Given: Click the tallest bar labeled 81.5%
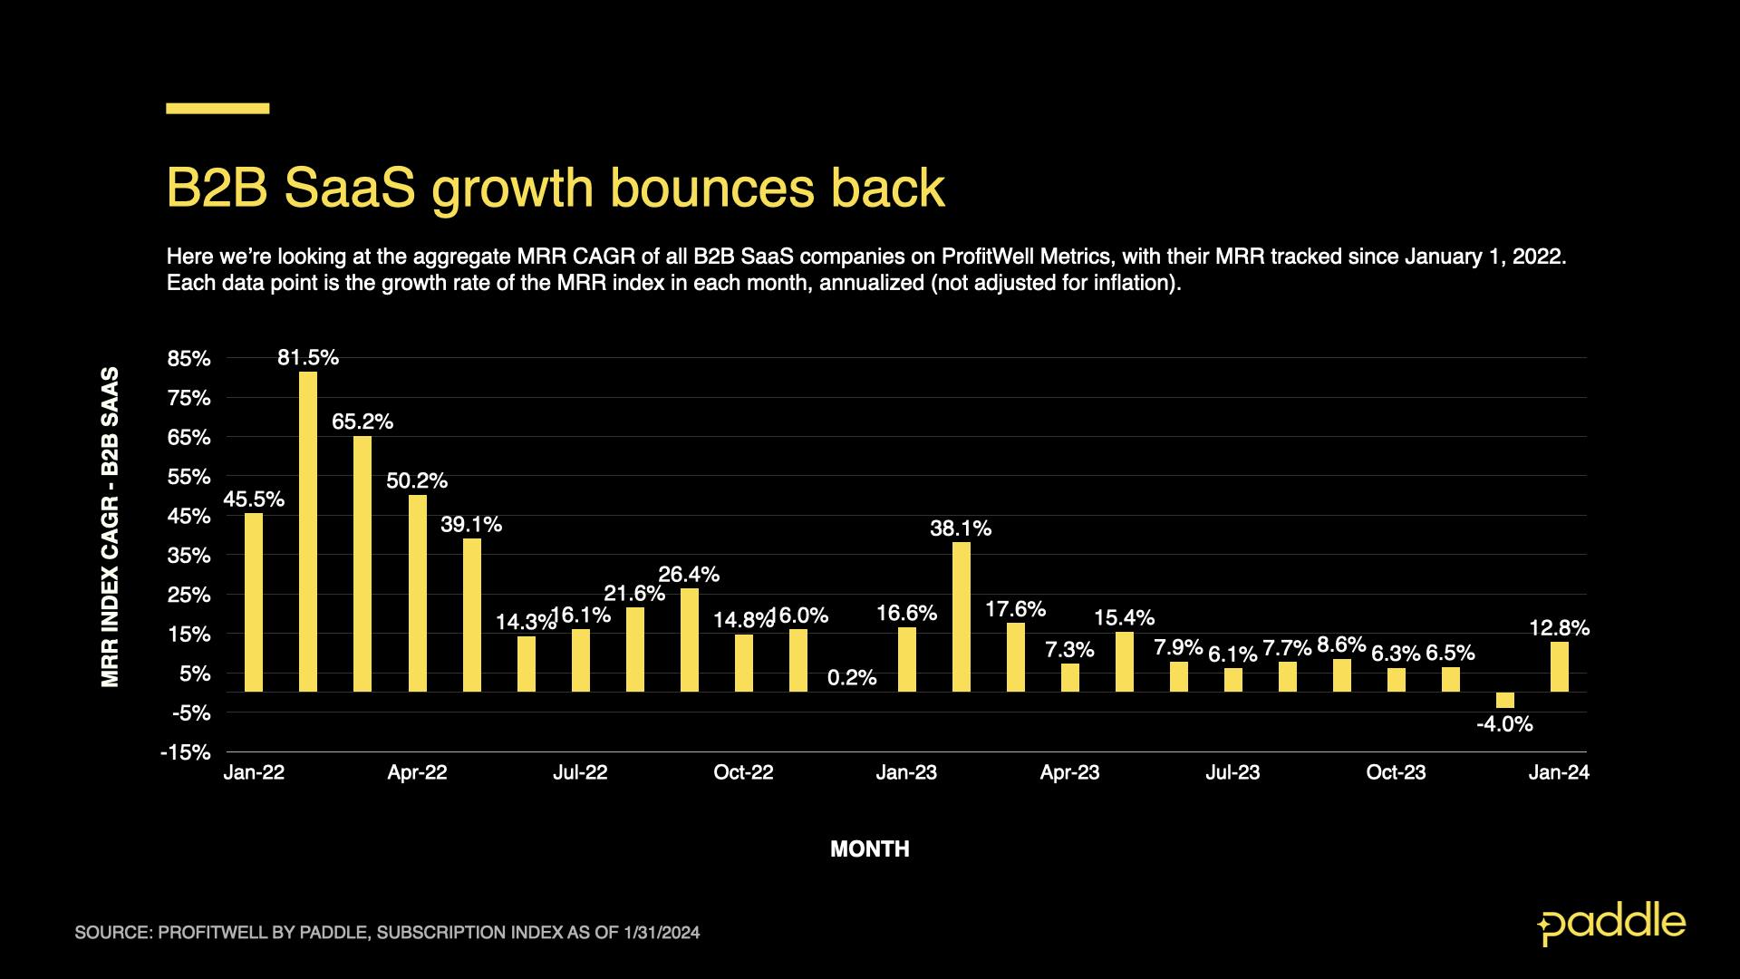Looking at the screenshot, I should (308, 531).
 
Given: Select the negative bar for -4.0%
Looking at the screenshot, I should (1504, 700).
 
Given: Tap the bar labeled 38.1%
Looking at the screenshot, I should (961, 616).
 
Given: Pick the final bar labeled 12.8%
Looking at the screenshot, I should (1559, 666).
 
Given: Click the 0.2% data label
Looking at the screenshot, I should (851, 677).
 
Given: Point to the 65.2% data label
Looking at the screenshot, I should (362, 422).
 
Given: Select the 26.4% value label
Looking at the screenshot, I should (688, 574).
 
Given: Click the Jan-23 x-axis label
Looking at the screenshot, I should (906, 772).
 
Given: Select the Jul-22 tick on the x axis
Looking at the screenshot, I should (580, 772).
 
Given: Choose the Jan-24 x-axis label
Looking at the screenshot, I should (1559, 772).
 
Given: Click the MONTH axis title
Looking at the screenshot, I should (869, 849).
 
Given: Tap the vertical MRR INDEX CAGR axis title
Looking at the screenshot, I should (111, 527).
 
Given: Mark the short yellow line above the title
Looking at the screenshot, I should (217, 108).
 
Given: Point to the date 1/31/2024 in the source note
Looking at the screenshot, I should (661, 932).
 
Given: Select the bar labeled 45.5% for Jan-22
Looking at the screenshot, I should (254, 602).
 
